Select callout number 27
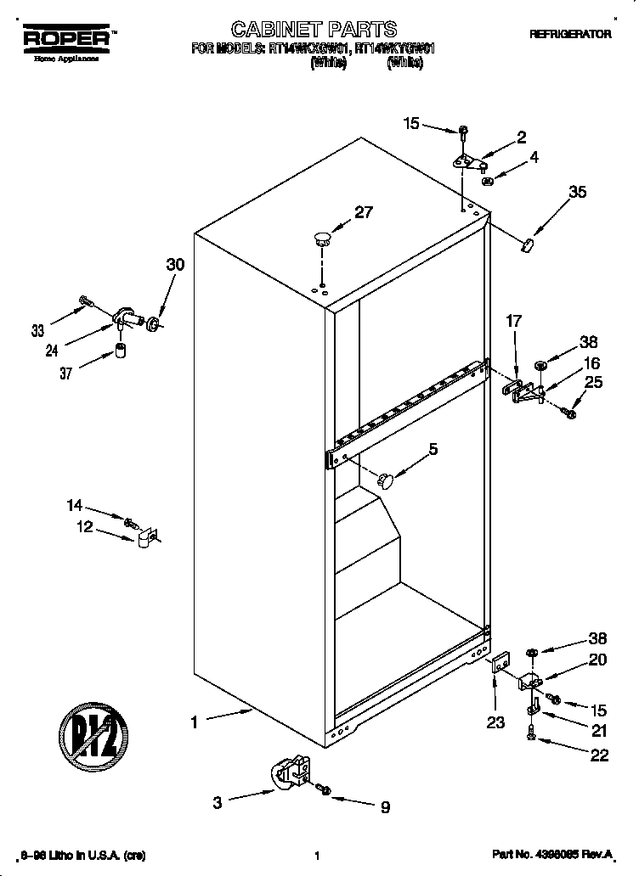click(x=363, y=213)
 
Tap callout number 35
click(x=577, y=193)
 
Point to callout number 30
click(x=174, y=265)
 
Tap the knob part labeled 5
click(x=387, y=481)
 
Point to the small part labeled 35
click(x=527, y=245)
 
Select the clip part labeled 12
click(x=145, y=537)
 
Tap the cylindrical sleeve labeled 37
click(x=121, y=350)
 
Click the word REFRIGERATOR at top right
click(x=570, y=35)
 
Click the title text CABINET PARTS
click(x=314, y=31)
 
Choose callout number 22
click(x=599, y=755)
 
